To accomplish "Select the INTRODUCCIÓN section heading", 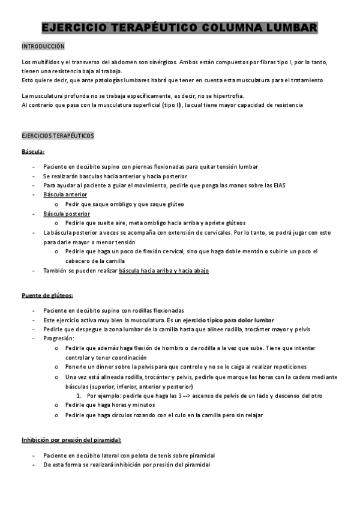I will [43, 46].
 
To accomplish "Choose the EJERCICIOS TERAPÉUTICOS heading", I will [58, 136].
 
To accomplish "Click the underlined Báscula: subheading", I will [32, 151].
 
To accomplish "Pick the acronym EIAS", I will [278, 185].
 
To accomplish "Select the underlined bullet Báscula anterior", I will [65, 195].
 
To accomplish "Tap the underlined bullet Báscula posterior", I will [67, 214].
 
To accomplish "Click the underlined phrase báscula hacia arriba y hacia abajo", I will [164, 271].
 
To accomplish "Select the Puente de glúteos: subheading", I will [47, 295].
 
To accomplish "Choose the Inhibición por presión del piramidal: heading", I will [71, 440].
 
